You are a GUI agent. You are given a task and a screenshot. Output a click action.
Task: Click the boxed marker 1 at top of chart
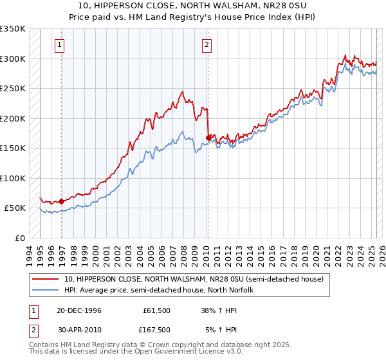[x=60, y=45]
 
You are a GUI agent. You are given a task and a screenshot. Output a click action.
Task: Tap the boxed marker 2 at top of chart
[x=207, y=45]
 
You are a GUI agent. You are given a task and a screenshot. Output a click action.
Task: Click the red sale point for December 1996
[x=62, y=201]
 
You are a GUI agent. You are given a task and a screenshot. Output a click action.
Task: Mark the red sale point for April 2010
[x=208, y=138]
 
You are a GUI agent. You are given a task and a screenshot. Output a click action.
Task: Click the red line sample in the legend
[x=46, y=279]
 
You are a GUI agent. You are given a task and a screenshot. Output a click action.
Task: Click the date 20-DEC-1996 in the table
[x=79, y=310]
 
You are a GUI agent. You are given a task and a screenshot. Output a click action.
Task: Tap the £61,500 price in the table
[x=156, y=310]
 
